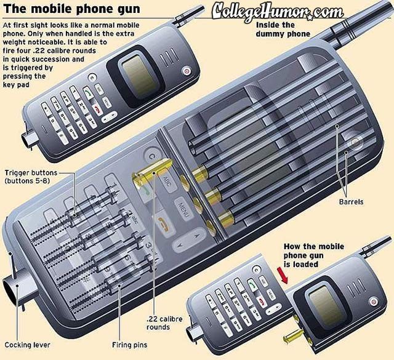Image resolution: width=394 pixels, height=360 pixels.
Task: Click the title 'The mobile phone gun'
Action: click(x=71, y=9)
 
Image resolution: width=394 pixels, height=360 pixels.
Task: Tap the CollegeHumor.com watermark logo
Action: click(x=278, y=11)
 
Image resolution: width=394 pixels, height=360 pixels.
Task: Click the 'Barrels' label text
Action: click(x=351, y=201)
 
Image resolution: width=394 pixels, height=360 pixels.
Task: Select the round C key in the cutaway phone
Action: click(x=149, y=155)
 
